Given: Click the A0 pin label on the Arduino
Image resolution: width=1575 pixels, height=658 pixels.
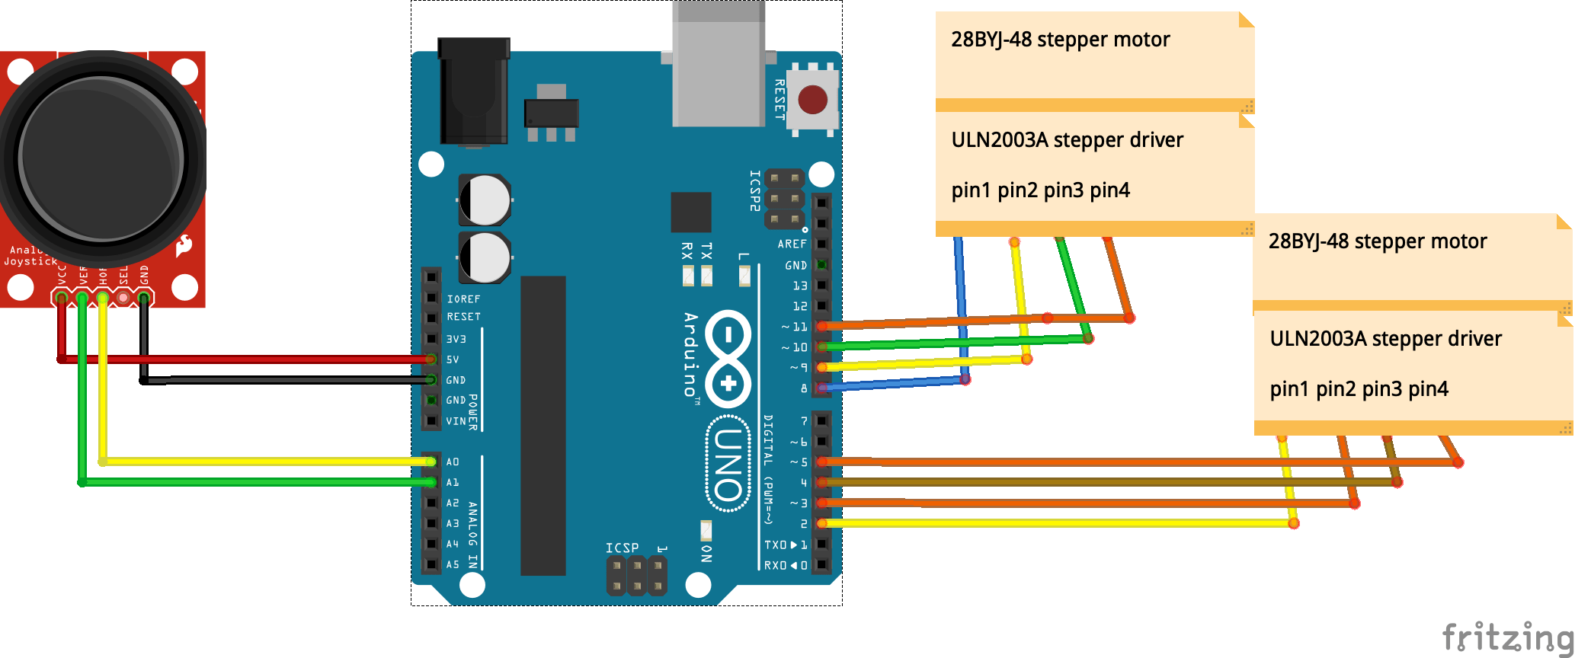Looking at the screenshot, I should (453, 462).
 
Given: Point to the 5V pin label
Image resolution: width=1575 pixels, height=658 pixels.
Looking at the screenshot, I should (453, 359).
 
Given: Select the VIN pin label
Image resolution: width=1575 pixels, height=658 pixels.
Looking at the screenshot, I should (456, 421).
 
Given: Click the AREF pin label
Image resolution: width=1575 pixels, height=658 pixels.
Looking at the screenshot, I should (792, 244).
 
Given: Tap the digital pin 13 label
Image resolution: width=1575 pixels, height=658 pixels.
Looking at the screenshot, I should (799, 286).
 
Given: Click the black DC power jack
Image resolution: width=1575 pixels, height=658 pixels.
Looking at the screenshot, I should (473, 91).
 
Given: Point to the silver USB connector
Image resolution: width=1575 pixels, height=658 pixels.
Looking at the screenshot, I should (718, 65).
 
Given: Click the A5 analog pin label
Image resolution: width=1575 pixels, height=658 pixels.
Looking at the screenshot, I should (453, 564).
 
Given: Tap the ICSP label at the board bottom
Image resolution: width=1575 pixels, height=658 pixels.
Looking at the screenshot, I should (622, 548).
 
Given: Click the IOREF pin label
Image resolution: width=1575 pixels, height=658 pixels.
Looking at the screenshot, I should (463, 299).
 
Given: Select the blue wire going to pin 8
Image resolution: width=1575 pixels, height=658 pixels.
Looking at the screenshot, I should (892, 385).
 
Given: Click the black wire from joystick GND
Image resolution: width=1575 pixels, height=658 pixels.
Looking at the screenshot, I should (290, 380).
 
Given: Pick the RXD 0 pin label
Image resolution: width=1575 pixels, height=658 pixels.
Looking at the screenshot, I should (785, 565).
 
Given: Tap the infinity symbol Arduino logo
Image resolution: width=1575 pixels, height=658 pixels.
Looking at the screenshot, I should (728, 358).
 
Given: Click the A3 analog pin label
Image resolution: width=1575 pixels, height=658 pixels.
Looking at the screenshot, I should (453, 523).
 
